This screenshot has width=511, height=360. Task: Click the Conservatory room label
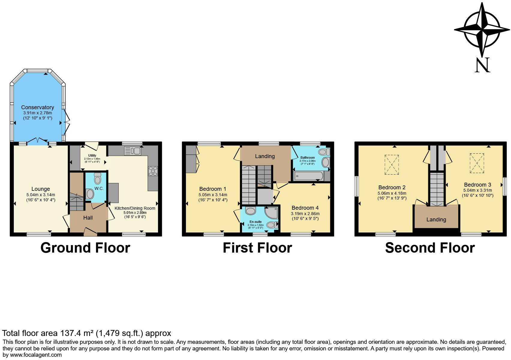(37, 107)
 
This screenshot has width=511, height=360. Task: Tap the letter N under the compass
(482, 65)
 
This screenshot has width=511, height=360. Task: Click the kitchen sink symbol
(133, 151)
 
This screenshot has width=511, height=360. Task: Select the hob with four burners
(153, 171)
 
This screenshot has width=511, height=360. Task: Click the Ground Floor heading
(85, 248)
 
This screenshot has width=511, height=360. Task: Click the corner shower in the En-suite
(271, 212)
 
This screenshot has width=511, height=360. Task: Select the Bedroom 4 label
(305, 208)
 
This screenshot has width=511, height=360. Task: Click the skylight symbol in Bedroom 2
(392, 165)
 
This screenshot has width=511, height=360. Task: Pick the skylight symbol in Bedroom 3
(477, 163)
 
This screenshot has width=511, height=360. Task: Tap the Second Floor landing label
(436, 220)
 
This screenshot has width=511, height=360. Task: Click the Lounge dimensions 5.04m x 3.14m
(40, 195)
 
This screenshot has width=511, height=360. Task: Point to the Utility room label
(92, 155)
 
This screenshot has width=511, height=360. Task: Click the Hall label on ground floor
(88, 218)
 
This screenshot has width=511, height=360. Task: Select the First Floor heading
(257, 248)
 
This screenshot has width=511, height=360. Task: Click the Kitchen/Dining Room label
(135, 208)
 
